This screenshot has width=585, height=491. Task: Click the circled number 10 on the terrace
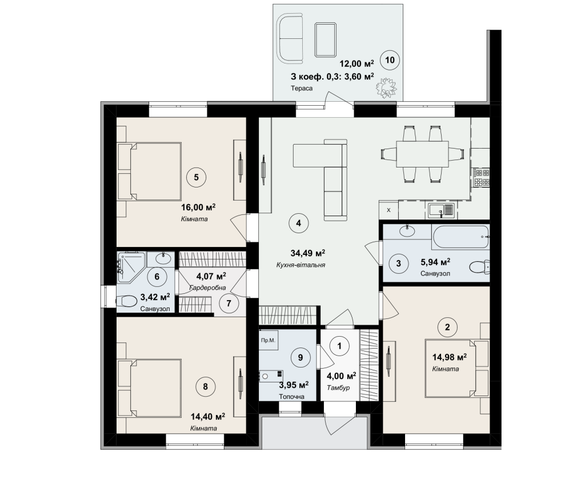tap(390, 60)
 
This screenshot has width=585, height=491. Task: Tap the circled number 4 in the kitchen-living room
tap(298, 223)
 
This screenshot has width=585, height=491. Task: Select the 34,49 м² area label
tap(307, 253)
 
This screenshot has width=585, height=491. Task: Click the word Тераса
tap(302, 89)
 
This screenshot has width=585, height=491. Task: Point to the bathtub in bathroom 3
tap(460, 237)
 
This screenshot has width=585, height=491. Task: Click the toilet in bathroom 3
tap(479, 267)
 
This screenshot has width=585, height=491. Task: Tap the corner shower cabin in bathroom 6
tap(131, 266)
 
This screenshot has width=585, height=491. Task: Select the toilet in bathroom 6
tap(126, 301)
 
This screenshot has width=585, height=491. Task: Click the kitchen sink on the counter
tap(440, 210)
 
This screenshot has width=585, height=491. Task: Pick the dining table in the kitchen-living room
tap(422, 154)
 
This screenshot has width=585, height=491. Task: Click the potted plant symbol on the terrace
tap(386, 88)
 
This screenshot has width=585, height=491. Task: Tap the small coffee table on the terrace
tap(325, 39)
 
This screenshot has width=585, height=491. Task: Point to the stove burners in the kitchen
tap(481, 177)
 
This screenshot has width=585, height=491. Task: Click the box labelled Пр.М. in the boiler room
tap(269, 340)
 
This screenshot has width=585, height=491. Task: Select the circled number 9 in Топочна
tap(300, 358)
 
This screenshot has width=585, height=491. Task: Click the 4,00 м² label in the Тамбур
tap(341, 376)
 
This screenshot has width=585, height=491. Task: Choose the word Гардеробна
tap(207, 288)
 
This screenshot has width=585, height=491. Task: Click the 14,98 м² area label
tap(449, 357)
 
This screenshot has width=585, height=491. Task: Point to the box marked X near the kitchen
tap(388, 210)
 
